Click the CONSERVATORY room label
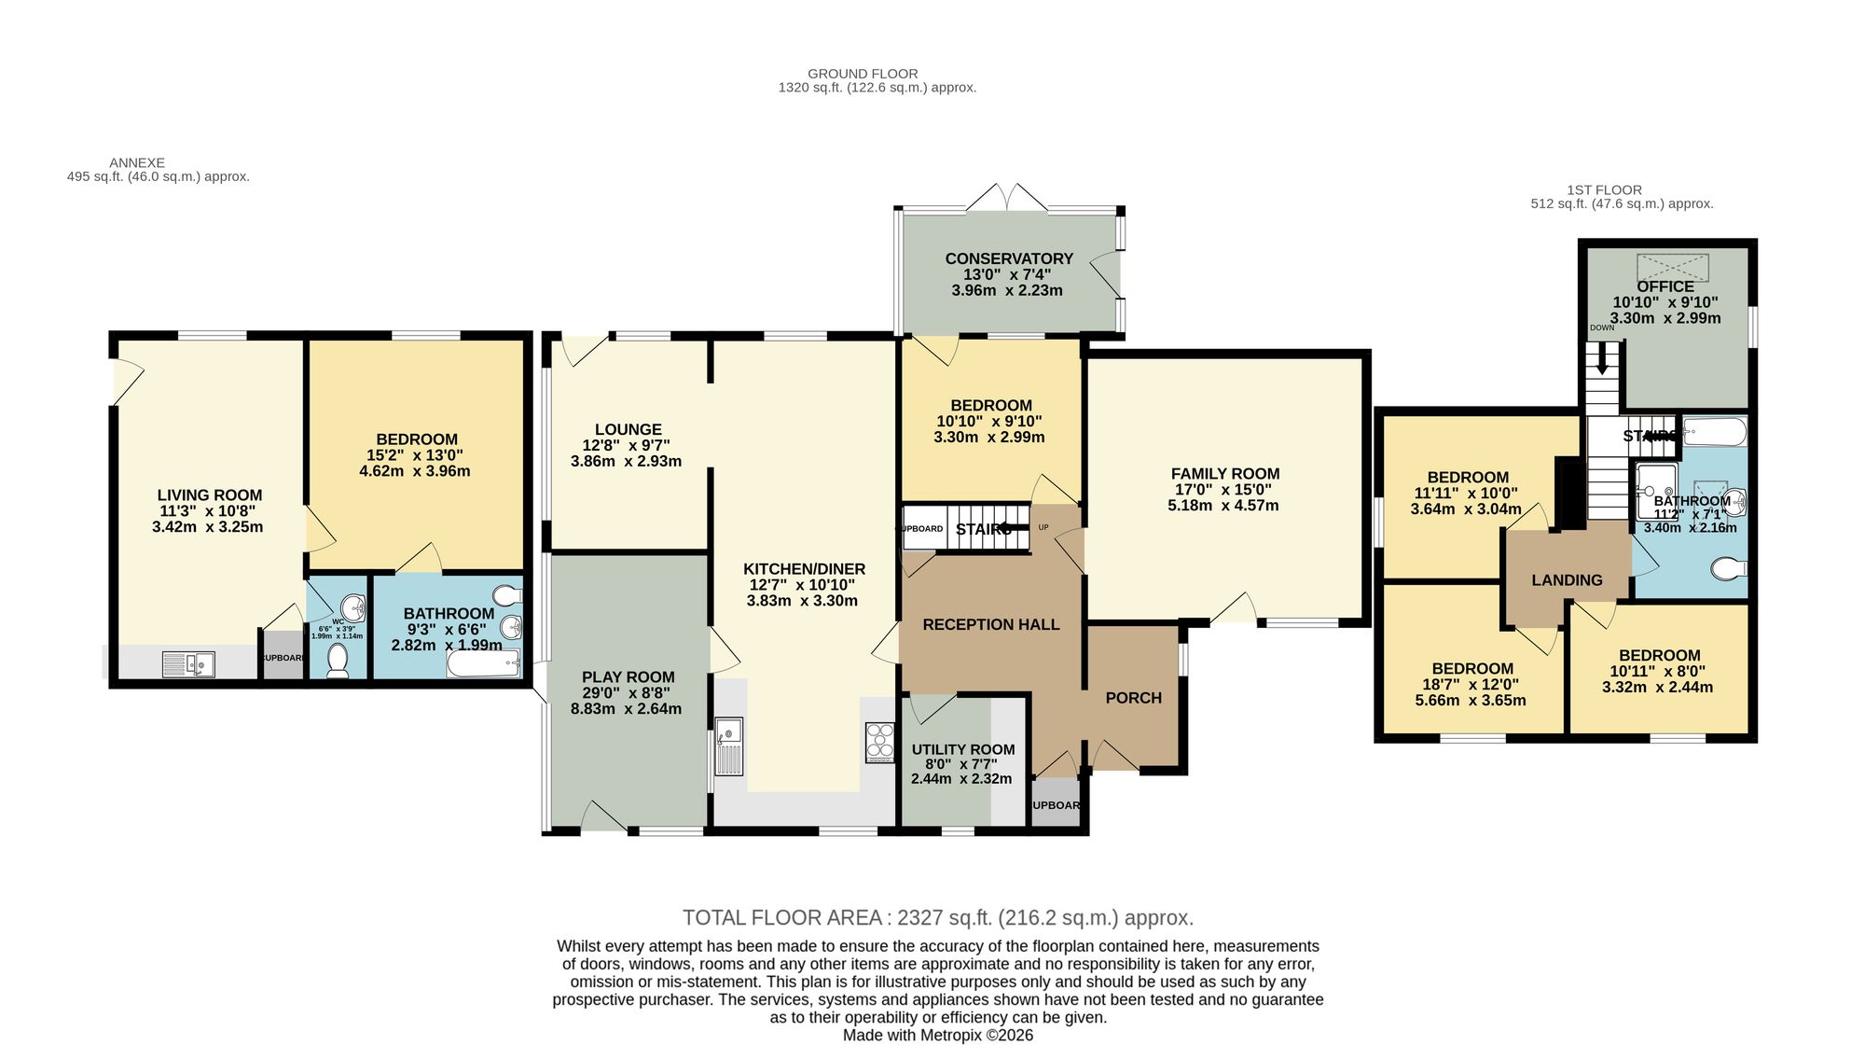1009,258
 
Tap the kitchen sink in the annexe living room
189,664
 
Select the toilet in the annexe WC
338,661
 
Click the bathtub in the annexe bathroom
483,664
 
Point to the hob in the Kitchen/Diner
878,743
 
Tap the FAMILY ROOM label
1224,474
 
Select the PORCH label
1133,698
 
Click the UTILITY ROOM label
963,749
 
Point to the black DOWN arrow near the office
1602,358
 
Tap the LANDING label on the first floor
1567,580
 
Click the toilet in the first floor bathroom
1731,567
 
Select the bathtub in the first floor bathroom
1714,432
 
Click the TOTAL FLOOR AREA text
937,917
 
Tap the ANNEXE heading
137,162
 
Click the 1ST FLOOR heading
1604,189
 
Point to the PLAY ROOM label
628,677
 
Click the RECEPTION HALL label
990,624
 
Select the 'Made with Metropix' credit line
937,1035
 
